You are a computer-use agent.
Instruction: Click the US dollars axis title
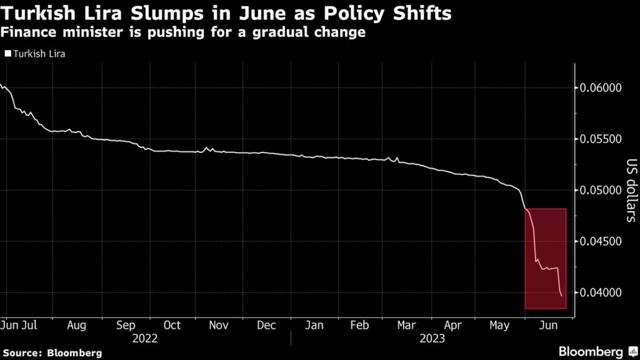pos(630,191)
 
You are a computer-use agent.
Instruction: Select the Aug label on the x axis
pos(76,326)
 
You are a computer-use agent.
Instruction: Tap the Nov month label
pos(219,326)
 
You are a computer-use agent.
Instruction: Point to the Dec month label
pos(267,326)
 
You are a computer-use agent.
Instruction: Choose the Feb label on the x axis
pos(361,326)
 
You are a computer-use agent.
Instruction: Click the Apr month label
pos(452,326)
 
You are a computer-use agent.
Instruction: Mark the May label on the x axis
pos(500,326)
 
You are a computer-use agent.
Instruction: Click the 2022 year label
pos(146,339)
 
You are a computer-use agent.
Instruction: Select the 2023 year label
pos(432,339)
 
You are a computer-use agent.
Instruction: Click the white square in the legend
pos(7,54)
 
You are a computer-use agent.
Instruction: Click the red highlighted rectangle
pos(546,258)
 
